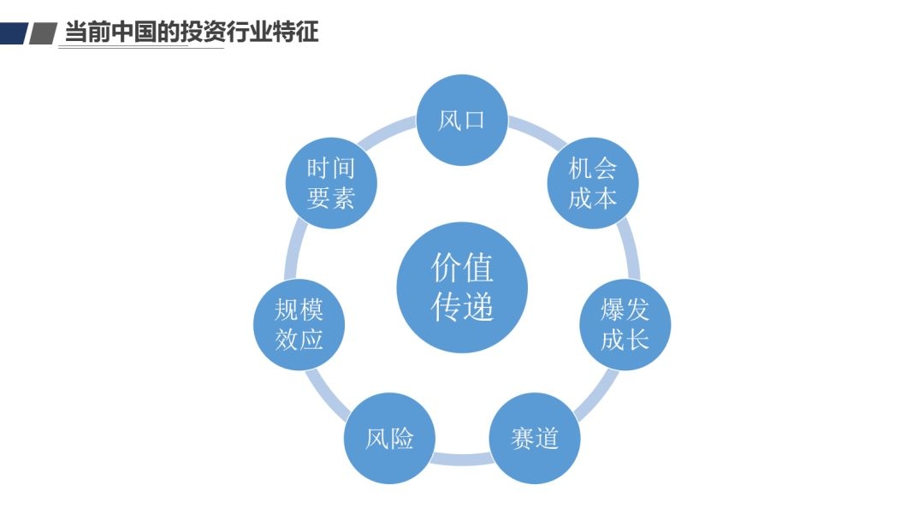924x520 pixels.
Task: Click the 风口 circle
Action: click(462, 120)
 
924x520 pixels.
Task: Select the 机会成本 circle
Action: click(593, 183)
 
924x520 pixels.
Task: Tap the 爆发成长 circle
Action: click(625, 324)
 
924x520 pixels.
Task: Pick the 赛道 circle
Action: click(535, 438)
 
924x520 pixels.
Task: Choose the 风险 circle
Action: click(389, 438)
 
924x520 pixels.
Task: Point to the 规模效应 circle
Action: click(299, 324)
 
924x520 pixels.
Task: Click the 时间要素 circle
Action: click(331, 183)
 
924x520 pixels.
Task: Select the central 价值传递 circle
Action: click(462, 287)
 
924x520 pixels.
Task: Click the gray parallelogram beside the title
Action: click(42, 33)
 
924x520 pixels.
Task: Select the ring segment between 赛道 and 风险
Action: click(462, 460)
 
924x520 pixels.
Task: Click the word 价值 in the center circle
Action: click(462, 269)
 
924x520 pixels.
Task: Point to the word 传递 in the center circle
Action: click(462, 307)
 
